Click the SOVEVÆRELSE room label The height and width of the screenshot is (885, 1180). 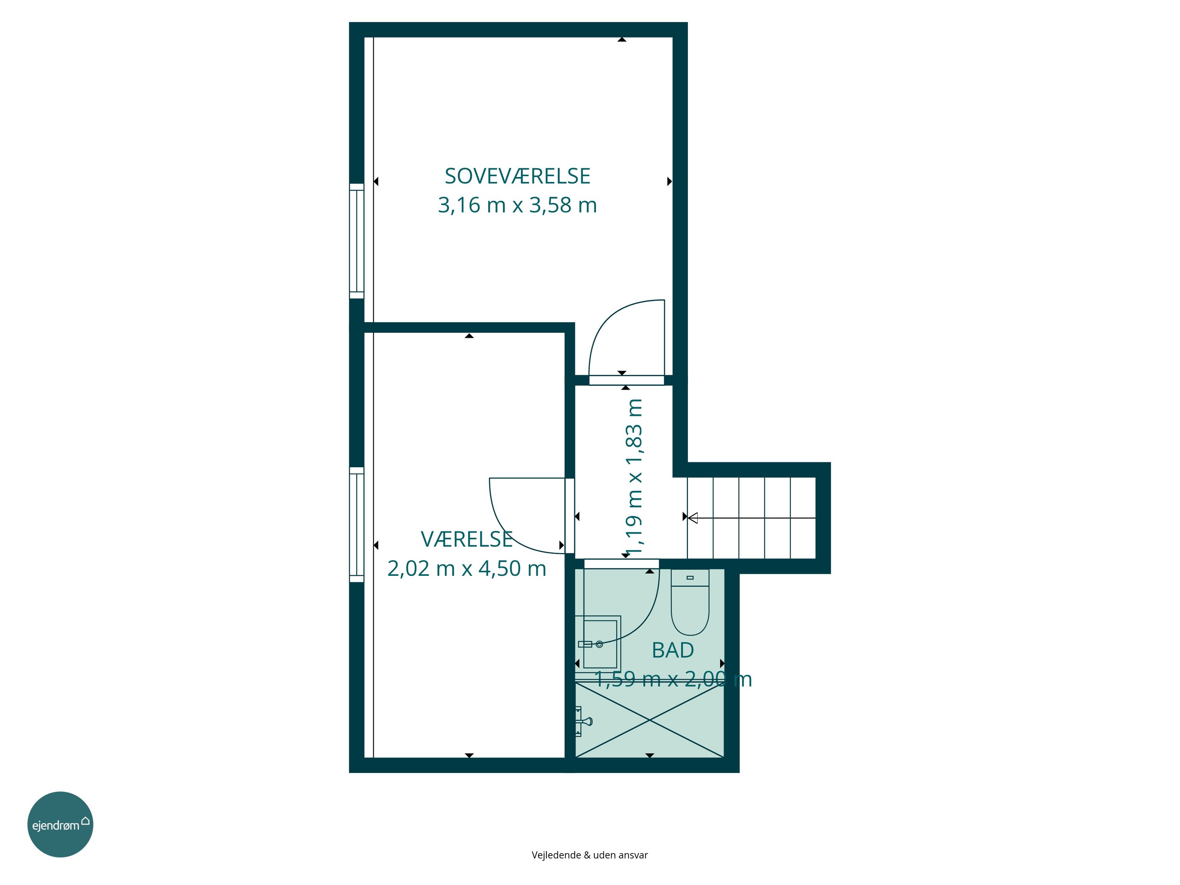(x=518, y=177)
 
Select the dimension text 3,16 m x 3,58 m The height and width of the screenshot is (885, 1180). (x=518, y=205)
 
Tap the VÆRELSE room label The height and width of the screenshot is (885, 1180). (x=467, y=539)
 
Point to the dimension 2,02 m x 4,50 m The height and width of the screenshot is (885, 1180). (x=467, y=569)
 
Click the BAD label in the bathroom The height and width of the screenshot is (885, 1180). (x=673, y=650)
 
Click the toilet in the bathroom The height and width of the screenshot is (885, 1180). (x=690, y=602)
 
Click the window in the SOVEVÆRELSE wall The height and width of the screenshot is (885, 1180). (x=356, y=241)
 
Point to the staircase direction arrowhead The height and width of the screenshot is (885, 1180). (x=692, y=518)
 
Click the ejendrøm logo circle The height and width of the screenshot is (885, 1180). (x=60, y=824)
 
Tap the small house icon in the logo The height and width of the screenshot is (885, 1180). (x=85, y=821)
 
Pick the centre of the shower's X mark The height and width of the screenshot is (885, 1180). (x=650, y=720)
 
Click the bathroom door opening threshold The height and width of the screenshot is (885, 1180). (x=621, y=564)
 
